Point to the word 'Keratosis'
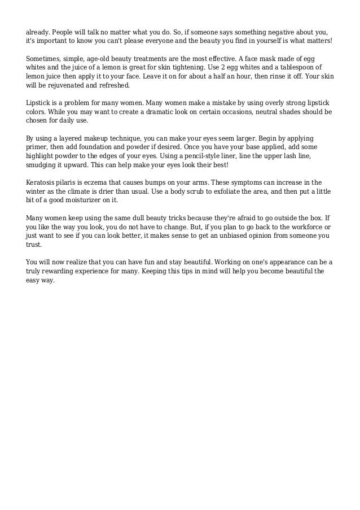click(x=42, y=182)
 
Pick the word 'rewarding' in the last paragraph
click(x=64, y=270)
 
